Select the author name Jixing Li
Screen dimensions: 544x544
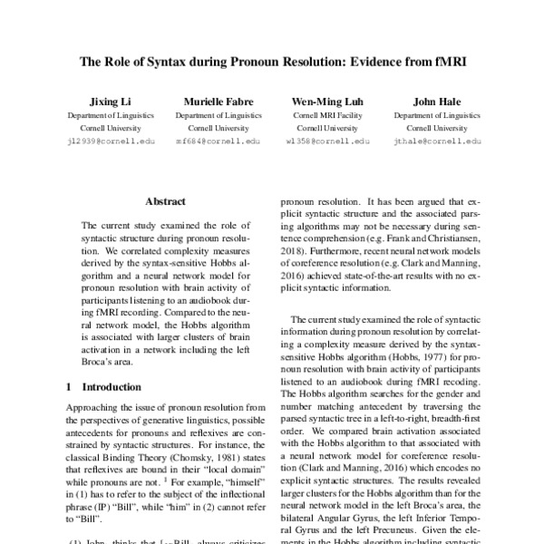(98, 102)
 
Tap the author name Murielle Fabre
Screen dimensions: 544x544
(206, 102)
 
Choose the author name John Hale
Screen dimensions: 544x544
(426, 102)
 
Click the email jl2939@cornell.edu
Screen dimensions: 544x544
(98, 141)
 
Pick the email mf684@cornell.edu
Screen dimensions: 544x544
(206, 141)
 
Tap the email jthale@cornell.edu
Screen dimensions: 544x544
(426, 141)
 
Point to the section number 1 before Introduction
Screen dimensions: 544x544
(69, 386)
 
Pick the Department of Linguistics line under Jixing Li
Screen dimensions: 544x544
(98, 116)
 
